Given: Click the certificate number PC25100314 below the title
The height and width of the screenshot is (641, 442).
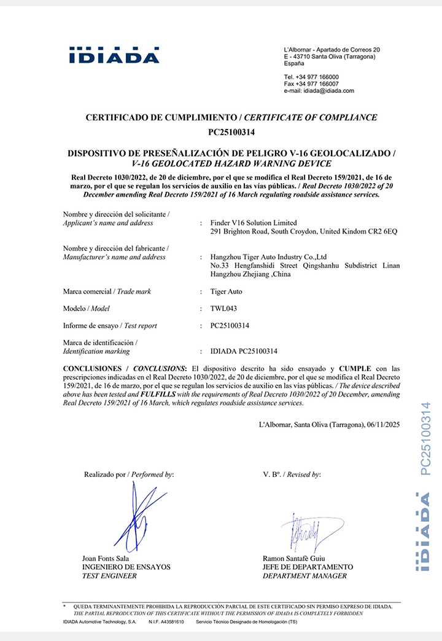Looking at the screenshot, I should coord(231,132).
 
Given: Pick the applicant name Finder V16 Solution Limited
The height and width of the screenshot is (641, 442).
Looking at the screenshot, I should coord(253,222).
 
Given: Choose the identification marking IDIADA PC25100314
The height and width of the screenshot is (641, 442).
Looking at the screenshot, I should coord(244,352).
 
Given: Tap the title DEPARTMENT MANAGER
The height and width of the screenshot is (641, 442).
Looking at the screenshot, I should coord(304,576).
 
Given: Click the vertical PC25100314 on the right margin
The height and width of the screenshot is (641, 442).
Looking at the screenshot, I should coord(425,438).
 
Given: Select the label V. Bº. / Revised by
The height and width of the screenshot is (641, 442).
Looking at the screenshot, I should coord(292,474).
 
